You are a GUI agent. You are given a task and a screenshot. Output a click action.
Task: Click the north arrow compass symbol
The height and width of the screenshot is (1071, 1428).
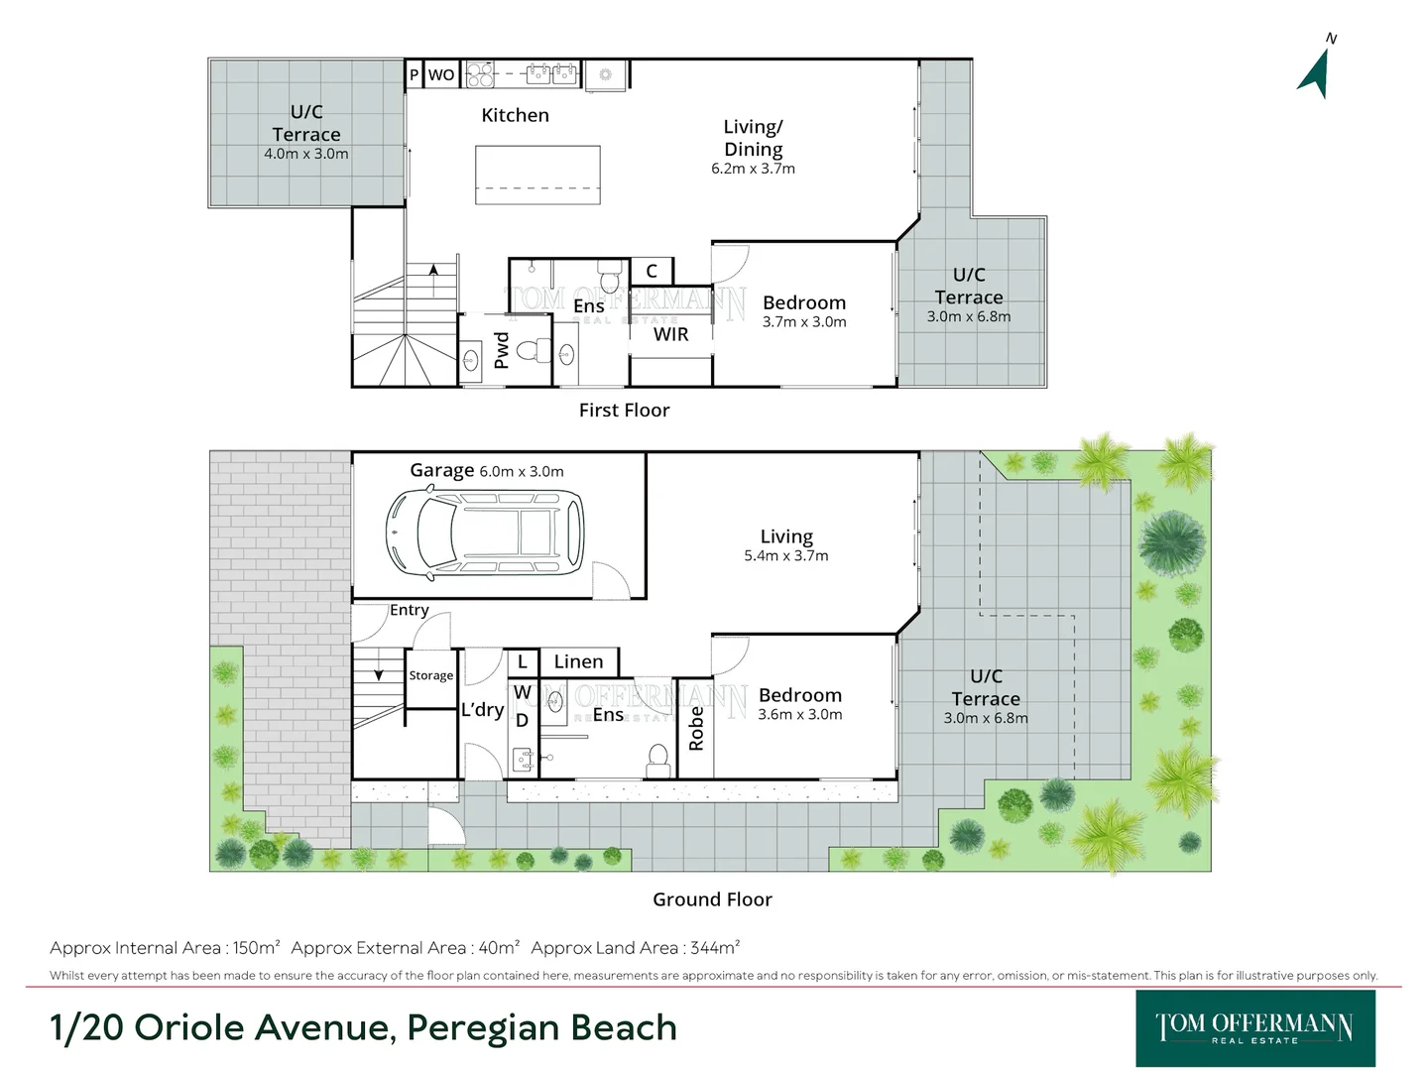1316,71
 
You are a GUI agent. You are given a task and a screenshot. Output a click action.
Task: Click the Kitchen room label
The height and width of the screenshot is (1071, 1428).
515,115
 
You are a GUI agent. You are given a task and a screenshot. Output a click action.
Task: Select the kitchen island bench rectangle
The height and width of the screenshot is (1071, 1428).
537,175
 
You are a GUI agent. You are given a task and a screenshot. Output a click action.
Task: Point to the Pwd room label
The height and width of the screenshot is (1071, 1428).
502,350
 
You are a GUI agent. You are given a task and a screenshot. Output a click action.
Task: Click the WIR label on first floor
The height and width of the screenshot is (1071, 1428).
670,334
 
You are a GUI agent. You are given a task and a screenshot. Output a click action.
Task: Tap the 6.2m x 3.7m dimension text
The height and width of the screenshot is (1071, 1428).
753,169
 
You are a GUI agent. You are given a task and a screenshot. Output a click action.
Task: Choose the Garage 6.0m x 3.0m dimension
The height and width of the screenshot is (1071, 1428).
521,472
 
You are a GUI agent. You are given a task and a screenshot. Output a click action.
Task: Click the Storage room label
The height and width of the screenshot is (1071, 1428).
431,675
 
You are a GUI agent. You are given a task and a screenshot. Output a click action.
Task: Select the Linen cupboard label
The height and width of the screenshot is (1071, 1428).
578,661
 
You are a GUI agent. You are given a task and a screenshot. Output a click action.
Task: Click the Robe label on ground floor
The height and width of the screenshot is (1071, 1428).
696,728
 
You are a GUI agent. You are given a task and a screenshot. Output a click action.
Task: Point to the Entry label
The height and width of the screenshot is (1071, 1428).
409,610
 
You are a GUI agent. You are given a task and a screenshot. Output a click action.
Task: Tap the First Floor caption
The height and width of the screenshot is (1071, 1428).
624,410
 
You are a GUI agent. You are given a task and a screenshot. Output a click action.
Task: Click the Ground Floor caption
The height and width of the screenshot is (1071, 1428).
712,899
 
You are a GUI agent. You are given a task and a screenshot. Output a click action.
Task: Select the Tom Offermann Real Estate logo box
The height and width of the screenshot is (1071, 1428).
1254,1028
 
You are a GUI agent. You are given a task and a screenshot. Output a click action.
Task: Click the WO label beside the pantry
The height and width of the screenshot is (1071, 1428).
441,74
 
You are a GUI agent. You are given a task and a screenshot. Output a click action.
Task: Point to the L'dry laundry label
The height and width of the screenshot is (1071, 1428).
482,709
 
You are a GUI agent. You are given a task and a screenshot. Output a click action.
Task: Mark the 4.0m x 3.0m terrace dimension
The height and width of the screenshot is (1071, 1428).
305,154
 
